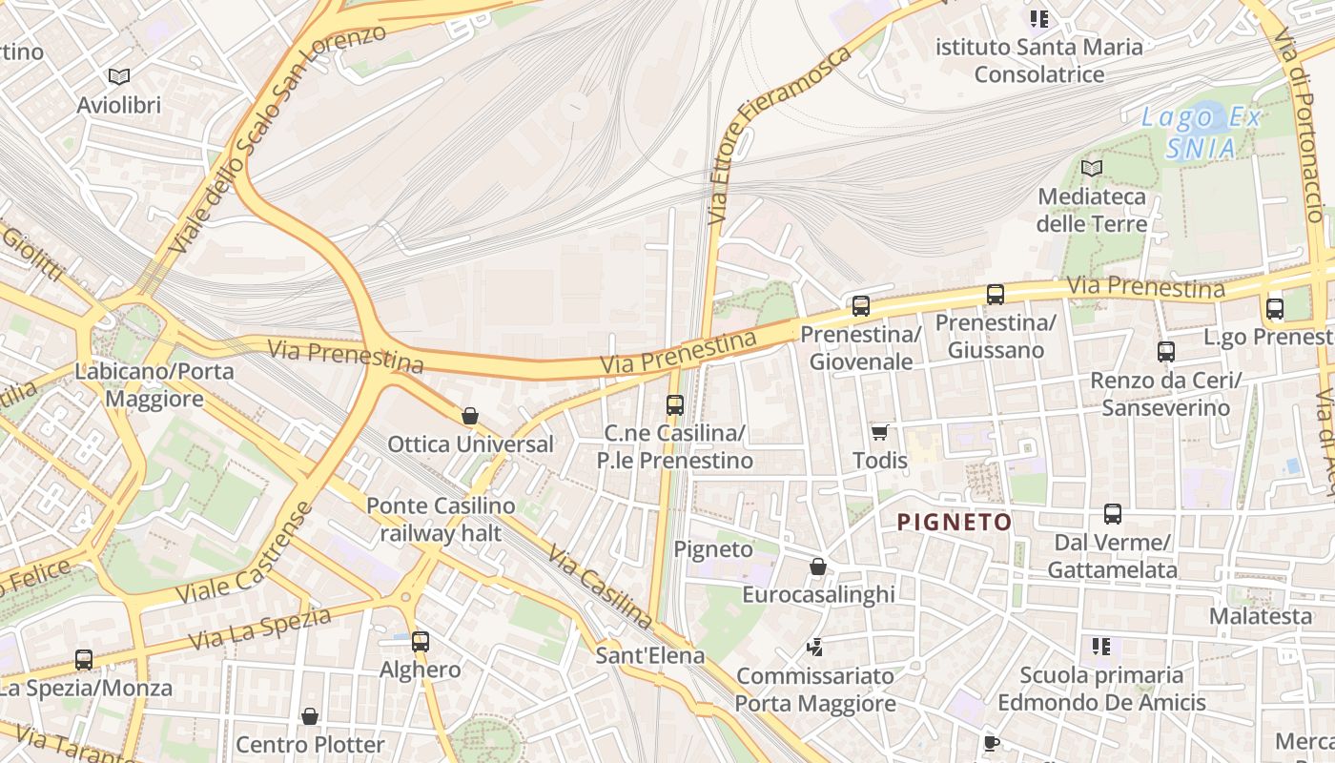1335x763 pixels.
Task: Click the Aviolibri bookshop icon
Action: [119, 76]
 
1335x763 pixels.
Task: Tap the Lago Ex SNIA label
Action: [1201, 134]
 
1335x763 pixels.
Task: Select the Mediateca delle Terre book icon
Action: [1092, 169]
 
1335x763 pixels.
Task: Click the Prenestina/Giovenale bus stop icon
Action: [861, 306]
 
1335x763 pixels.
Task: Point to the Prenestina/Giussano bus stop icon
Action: [996, 295]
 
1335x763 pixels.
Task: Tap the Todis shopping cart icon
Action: [880, 432]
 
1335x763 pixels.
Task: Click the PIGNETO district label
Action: [955, 522]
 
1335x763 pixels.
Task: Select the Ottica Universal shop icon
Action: [469, 416]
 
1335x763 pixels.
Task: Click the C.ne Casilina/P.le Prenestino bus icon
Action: [675, 405]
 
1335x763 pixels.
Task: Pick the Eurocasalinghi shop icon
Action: [817, 567]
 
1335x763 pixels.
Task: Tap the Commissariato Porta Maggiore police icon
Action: [814, 648]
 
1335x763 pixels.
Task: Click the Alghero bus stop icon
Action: [421, 642]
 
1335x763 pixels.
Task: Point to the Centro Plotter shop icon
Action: [310, 716]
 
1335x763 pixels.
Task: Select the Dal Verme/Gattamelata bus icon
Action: [1112, 515]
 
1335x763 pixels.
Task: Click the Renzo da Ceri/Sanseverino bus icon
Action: [1165, 352]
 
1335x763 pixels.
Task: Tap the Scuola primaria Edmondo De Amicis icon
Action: [1101, 647]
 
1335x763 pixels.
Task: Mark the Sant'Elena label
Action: [650, 655]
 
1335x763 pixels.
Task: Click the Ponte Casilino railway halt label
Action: [441, 519]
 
